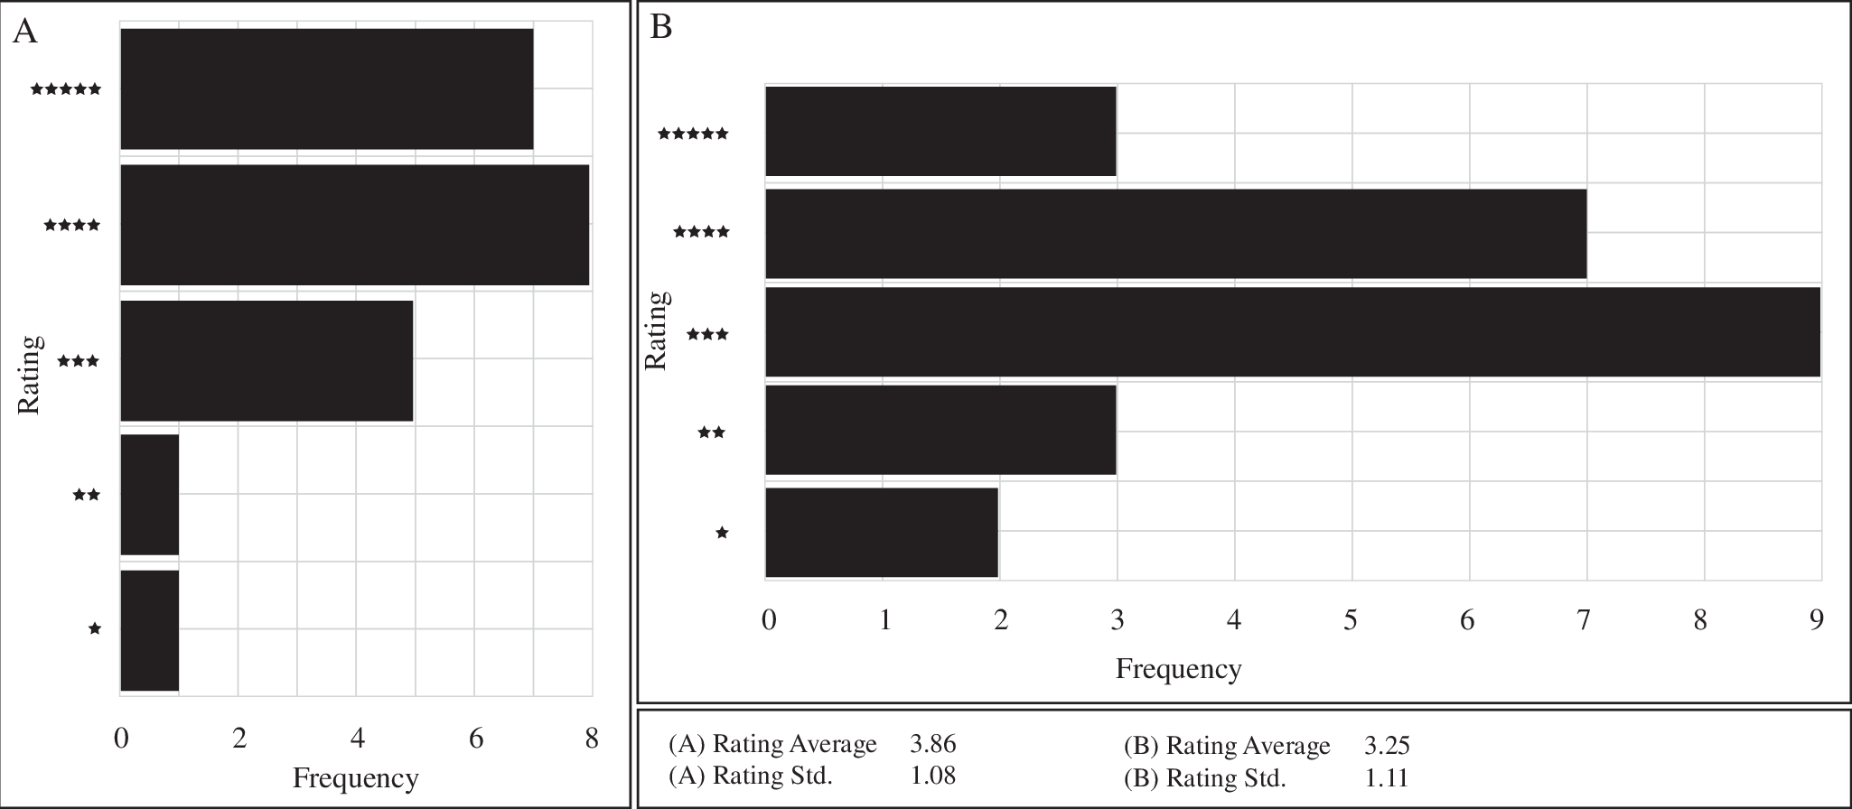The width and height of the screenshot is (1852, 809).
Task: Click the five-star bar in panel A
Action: [326, 88]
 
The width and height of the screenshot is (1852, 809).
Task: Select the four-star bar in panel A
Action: [354, 225]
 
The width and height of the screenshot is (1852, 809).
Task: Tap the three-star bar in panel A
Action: [267, 360]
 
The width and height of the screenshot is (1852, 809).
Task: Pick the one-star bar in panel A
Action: [149, 630]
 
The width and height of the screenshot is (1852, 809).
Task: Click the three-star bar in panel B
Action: [1292, 331]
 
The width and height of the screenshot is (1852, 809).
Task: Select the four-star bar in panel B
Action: [1175, 233]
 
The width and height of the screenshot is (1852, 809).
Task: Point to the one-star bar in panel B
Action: [881, 532]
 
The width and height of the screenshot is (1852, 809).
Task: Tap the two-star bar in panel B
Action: [940, 430]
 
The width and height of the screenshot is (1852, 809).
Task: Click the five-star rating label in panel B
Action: [693, 134]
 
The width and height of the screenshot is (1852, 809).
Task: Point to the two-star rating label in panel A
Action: [87, 495]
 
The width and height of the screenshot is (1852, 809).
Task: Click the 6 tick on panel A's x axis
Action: [475, 739]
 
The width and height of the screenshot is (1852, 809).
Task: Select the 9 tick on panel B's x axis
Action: [1816, 619]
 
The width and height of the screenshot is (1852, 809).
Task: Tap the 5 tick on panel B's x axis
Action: [1351, 619]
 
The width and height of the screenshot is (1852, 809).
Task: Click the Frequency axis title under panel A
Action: [355, 778]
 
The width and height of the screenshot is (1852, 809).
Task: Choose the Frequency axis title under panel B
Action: [1178, 669]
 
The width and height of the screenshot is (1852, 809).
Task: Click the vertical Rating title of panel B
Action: [657, 330]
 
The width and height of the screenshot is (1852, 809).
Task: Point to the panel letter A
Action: [25, 33]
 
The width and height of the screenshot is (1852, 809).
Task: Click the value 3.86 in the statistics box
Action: [932, 744]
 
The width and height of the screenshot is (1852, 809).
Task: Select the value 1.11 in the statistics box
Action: [1386, 777]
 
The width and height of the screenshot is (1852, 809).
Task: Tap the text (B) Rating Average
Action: [1226, 746]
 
